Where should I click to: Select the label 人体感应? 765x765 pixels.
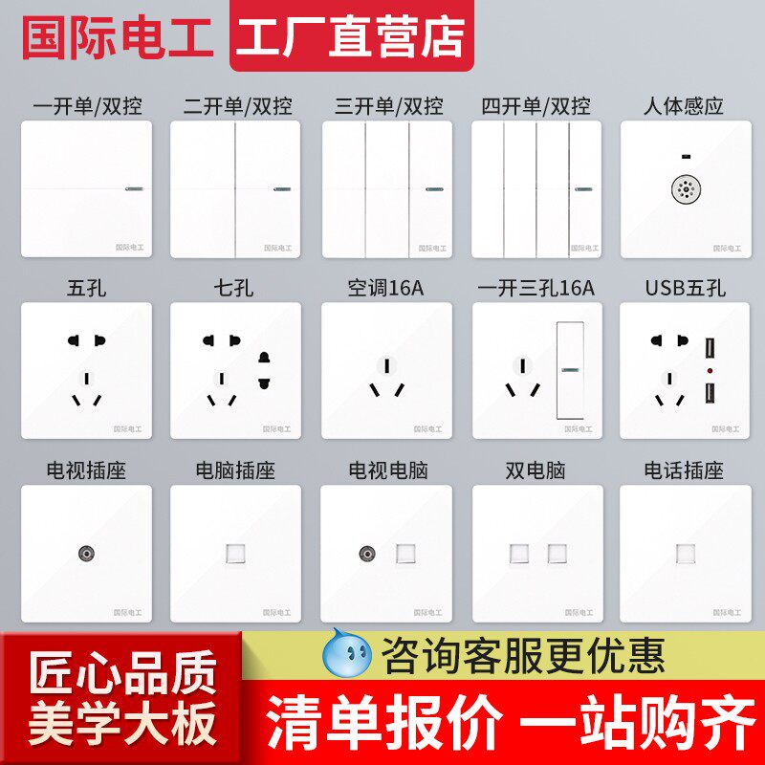point(685,106)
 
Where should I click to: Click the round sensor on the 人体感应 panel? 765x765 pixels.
point(685,189)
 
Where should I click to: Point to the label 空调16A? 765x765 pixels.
point(385,288)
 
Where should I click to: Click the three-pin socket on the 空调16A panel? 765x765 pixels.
point(385,377)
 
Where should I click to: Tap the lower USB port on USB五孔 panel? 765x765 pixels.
point(711,392)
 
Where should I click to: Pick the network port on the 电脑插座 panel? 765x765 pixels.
point(235,553)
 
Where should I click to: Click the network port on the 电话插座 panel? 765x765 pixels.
point(685,553)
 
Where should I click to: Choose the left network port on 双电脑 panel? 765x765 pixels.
point(522,553)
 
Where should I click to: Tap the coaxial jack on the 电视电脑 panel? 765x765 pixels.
point(367,553)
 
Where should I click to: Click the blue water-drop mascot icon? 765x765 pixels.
point(348,652)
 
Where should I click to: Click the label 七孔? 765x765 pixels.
point(235,288)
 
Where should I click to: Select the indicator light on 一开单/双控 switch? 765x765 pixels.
point(130,188)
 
